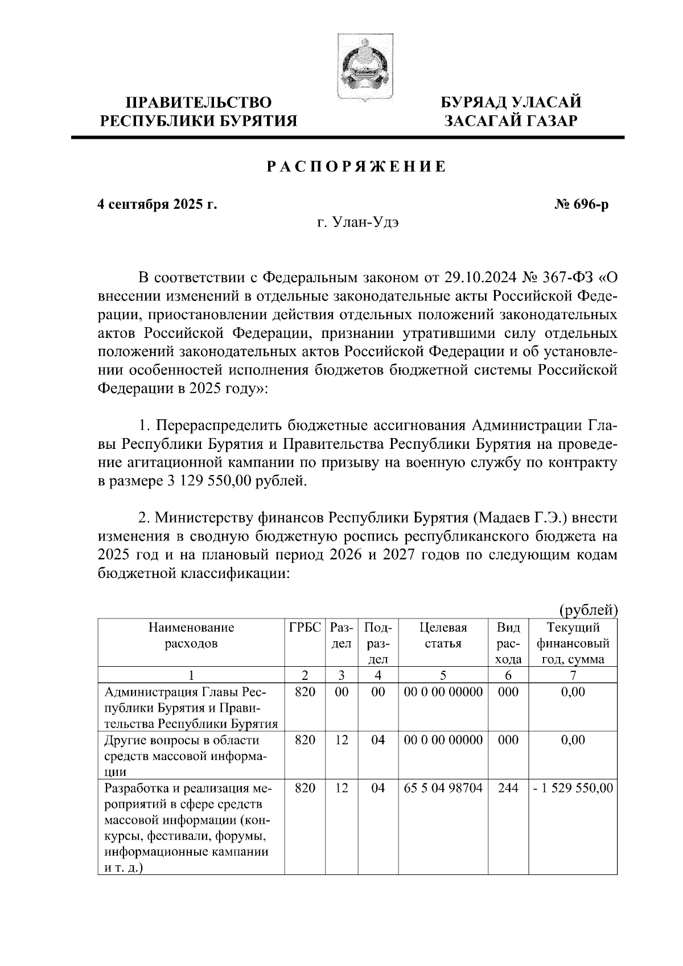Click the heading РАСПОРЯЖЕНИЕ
tap(356, 167)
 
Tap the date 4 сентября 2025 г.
tap(158, 204)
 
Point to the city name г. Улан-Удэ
tap(358, 222)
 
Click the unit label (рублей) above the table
tap(589, 610)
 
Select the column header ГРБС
tap(305, 628)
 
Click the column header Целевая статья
tap(443, 636)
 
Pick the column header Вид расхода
tap(508, 643)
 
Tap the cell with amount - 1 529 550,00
tap(573, 789)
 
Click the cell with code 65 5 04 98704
tap(443, 789)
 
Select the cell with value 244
tap(508, 789)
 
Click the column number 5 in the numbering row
tap(443, 675)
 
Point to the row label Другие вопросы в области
tap(182, 740)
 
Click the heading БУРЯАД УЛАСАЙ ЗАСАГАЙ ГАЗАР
tap(512, 112)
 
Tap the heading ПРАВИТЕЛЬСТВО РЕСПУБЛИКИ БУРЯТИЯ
tap(199, 112)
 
